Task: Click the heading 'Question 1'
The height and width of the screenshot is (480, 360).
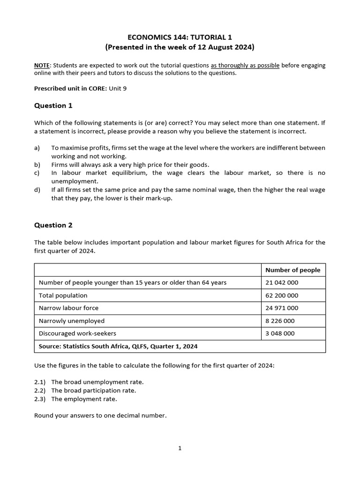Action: pyautogui.click(x=53, y=105)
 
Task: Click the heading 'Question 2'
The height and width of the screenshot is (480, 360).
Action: pyautogui.click(x=53, y=225)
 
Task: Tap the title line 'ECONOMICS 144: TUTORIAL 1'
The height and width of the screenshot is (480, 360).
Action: pyautogui.click(x=180, y=37)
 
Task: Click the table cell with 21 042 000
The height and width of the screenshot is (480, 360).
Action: pyautogui.click(x=282, y=283)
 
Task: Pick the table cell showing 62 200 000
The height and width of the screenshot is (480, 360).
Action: pyautogui.click(x=282, y=295)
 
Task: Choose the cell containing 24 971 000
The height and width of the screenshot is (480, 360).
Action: pyautogui.click(x=282, y=308)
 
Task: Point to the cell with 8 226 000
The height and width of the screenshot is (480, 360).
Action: pyautogui.click(x=280, y=321)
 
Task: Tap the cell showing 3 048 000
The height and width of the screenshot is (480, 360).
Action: pyautogui.click(x=280, y=333)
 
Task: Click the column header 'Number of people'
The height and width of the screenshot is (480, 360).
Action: pyautogui.click(x=292, y=270)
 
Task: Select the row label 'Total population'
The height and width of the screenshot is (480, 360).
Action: pyautogui.click(x=63, y=295)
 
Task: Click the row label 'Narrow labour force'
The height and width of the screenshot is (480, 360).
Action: pyautogui.click(x=68, y=308)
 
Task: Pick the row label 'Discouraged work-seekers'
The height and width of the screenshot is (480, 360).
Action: pyautogui.click(x=77, y=333)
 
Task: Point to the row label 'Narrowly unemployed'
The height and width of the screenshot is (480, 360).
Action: pyautogui.click(x=71, y=321)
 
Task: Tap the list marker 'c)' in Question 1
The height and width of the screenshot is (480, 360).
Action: pyautogui.click(x=37, y=173)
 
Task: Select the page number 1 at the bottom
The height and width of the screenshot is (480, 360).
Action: pyautogui.click(x=180, y=448)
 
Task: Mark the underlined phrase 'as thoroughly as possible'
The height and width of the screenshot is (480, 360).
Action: pyautogui.click(x=245, y=65)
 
